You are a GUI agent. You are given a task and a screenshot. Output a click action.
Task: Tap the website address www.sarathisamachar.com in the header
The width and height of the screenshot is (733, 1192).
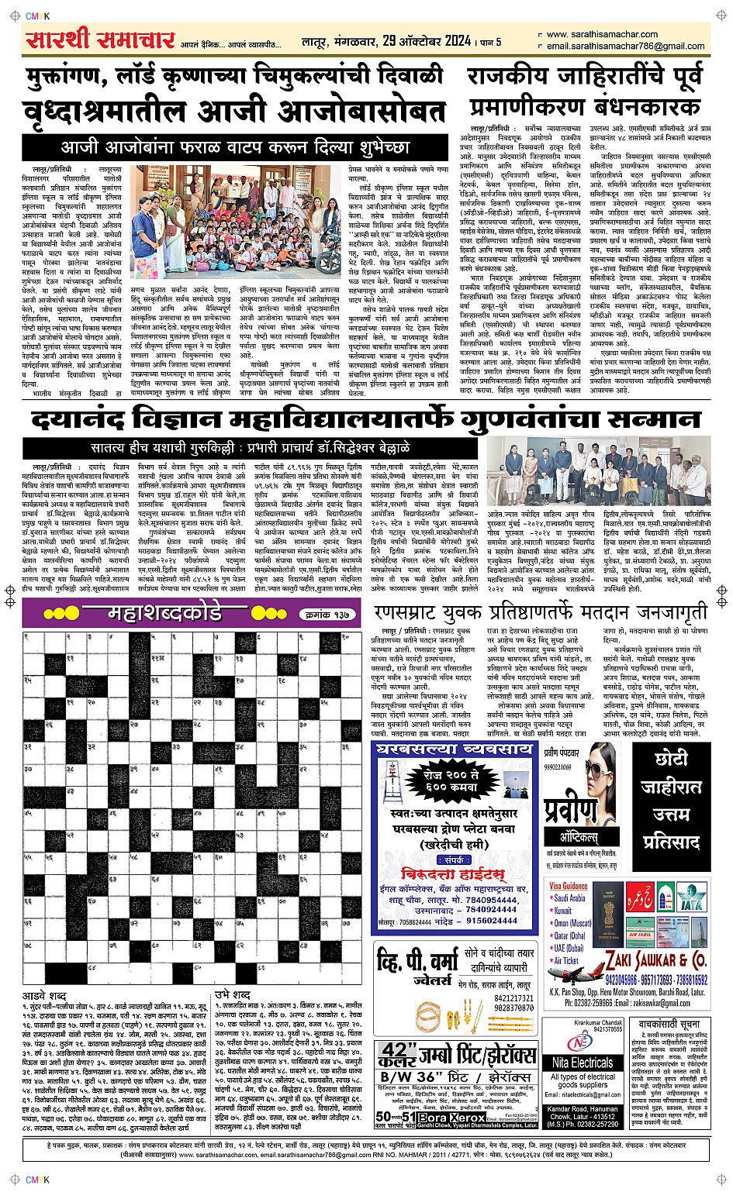pos(602,34)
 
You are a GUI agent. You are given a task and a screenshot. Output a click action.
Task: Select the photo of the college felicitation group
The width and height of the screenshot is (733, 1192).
pos(608,470)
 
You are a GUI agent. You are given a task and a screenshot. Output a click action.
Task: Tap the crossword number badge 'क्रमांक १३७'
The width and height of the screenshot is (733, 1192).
pos(327,615)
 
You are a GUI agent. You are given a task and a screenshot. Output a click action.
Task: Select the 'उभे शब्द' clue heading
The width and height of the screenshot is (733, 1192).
pos(233,995)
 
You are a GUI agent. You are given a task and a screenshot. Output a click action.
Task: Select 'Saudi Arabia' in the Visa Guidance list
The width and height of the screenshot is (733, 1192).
pos(571,899)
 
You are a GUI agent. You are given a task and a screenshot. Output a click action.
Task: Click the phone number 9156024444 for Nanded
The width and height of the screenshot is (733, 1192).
pos(492,921)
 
